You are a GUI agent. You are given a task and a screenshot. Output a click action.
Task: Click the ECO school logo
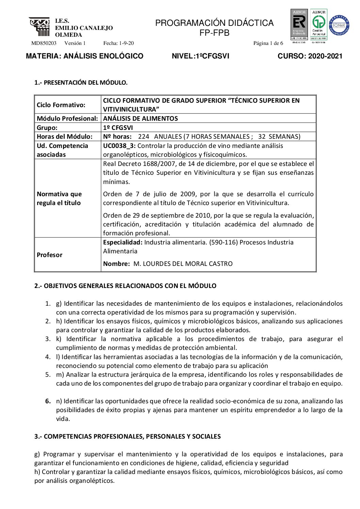tap(39, 27)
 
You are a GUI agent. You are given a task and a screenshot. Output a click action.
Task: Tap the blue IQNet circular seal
tap(339, 25)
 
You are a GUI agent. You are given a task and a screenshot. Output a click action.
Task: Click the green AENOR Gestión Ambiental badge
tap(318, 24)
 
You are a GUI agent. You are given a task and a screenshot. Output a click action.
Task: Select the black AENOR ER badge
tap(299, 24)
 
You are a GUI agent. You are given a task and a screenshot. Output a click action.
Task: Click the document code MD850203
tap(44, 43)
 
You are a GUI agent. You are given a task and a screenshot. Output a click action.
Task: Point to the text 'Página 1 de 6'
tap(268, 43)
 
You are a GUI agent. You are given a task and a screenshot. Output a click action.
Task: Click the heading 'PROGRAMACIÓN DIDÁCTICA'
tap(214, 23)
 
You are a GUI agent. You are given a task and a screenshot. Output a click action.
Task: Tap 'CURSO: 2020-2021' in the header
tap(310, 56)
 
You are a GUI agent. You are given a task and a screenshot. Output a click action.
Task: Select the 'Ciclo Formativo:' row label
tap(61, 105)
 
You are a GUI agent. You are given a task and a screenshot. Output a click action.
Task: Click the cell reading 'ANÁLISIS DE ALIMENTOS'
tap(141, 119)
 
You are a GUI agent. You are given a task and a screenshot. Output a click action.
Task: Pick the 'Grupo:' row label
tap(47, 128)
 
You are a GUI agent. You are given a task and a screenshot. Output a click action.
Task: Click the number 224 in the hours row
tap(144, 137)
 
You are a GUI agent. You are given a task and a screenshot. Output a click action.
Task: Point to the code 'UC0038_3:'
tap(119, 146)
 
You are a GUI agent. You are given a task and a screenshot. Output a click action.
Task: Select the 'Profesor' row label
tap(50, 255)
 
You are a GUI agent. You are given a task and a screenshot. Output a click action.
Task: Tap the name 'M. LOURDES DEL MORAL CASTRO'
tap(183, 264)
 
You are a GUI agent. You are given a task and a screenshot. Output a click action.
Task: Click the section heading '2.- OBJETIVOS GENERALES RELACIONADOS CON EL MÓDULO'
tap(125, 286)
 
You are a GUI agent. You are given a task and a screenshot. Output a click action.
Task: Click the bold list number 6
tap(48, 401)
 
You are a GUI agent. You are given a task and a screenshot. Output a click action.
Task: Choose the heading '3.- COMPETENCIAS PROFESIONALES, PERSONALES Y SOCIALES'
tap(128, 437)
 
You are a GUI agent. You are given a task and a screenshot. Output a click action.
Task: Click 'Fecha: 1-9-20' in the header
tap(118, 43)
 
